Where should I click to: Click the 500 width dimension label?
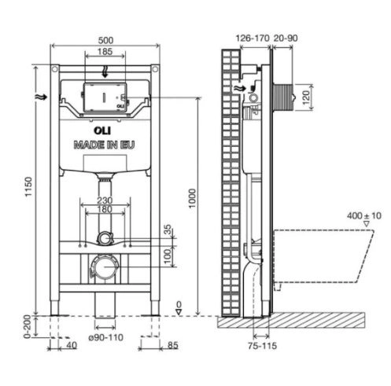coord(105,40)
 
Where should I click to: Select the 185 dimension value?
coord(105,51)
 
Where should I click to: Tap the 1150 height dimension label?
coord(28,186)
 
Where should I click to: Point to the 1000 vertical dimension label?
coord(192,198)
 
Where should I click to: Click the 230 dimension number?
coord(105,200)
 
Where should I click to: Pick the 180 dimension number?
coord(105,209)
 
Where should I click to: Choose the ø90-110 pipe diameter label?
coord(106,337)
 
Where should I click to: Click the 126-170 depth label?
coord(253,39)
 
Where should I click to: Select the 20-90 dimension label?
coord(286,39)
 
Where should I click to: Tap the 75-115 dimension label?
coord(262,346)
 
